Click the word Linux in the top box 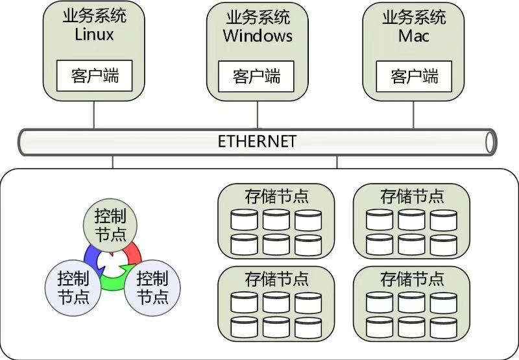(94, 34)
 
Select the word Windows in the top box (258, 35)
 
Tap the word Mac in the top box (414, 35)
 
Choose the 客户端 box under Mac (415, 76)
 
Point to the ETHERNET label (257, 141)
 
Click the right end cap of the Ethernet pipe (491, 141)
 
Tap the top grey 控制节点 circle (110, 224)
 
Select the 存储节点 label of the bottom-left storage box (276, 280)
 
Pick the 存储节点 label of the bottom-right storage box (411, 280)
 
